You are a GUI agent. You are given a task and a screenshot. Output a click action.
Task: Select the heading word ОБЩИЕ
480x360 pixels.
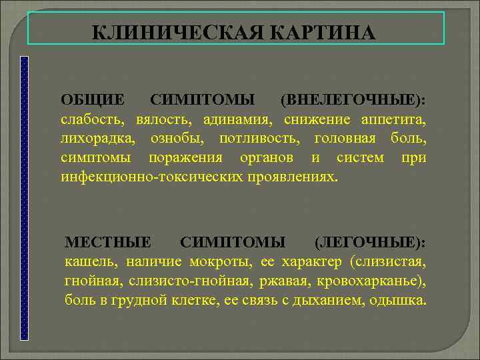[92, 100]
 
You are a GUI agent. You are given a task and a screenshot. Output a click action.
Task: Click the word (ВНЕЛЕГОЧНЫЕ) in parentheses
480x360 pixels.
[353, 100]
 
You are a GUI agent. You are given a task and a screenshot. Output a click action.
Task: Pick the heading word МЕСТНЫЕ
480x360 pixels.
[107, 241]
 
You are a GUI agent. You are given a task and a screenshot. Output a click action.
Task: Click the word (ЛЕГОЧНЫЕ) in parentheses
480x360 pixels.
[369, 241]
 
